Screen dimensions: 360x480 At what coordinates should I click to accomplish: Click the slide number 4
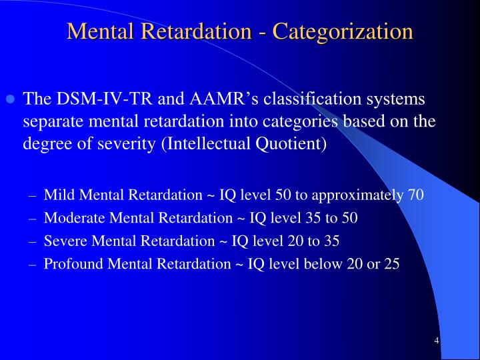(436, 341)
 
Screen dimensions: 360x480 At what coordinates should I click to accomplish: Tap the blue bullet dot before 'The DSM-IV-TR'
(11, 100)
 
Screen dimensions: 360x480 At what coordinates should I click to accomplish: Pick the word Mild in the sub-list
(57, 195)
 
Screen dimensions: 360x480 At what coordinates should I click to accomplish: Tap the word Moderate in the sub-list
(72, 217)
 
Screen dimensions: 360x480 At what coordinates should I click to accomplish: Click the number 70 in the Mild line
(415, 195)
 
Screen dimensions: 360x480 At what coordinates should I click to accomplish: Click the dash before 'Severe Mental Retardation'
(33, 241)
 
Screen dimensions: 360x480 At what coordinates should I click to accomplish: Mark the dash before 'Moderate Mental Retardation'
(33, 218)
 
